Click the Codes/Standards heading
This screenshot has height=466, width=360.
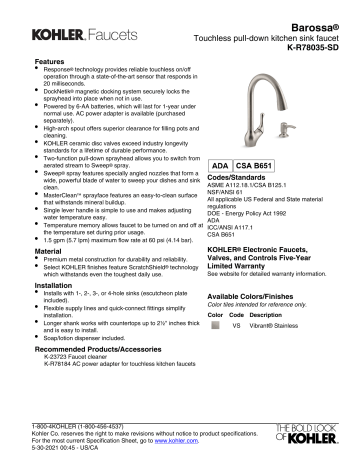coord(241,180)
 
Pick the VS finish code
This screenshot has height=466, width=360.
coord(237,326)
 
